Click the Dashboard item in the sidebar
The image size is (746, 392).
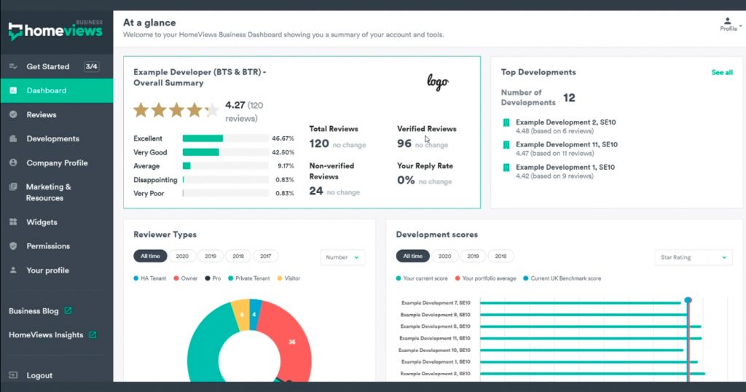[x=47, y=90]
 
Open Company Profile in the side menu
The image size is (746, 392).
[x=57, y=162]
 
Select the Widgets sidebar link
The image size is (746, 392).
[x=42, y=222]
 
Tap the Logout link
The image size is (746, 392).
[x=39, y=375]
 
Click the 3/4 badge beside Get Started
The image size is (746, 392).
[x=91, y=66]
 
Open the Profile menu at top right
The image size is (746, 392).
[x=729, y=24]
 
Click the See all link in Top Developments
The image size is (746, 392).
[x=721, y=73]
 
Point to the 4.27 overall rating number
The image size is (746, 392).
[x=235, y=105]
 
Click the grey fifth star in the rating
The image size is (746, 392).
[x=211, y=110]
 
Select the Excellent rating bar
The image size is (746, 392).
[x=203, y=138]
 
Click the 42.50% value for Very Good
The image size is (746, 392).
[x=283, y=152]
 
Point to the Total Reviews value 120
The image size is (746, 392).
[x=319, y=144]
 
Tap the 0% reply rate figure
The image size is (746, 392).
[x=406, y=181]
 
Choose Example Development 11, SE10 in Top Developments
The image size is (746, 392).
[x=566, y=145]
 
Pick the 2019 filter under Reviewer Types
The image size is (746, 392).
[x=211, y=256]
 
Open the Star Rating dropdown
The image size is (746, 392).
[x=694, y=257]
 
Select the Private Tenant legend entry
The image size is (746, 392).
[x=251, y=278]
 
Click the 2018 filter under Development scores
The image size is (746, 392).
[x=500, y=256]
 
